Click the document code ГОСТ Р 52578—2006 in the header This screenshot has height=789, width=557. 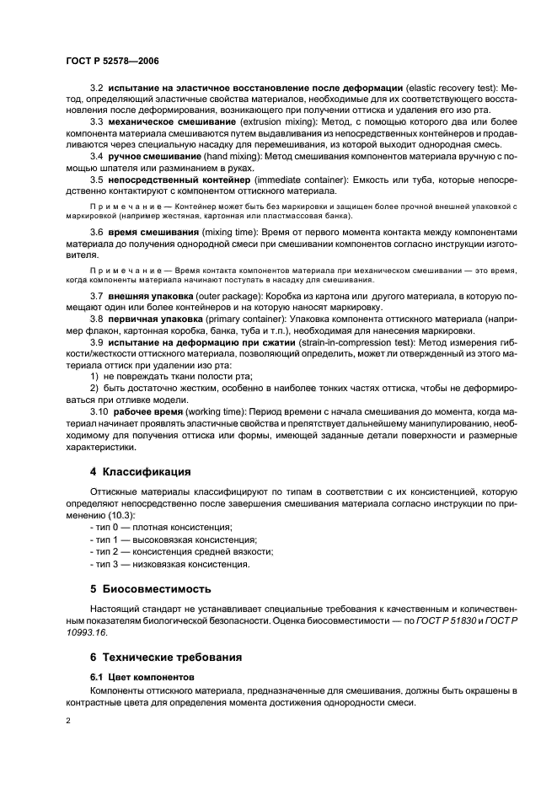(x=111, y=61)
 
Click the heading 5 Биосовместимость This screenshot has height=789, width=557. (x=151, y=588)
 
